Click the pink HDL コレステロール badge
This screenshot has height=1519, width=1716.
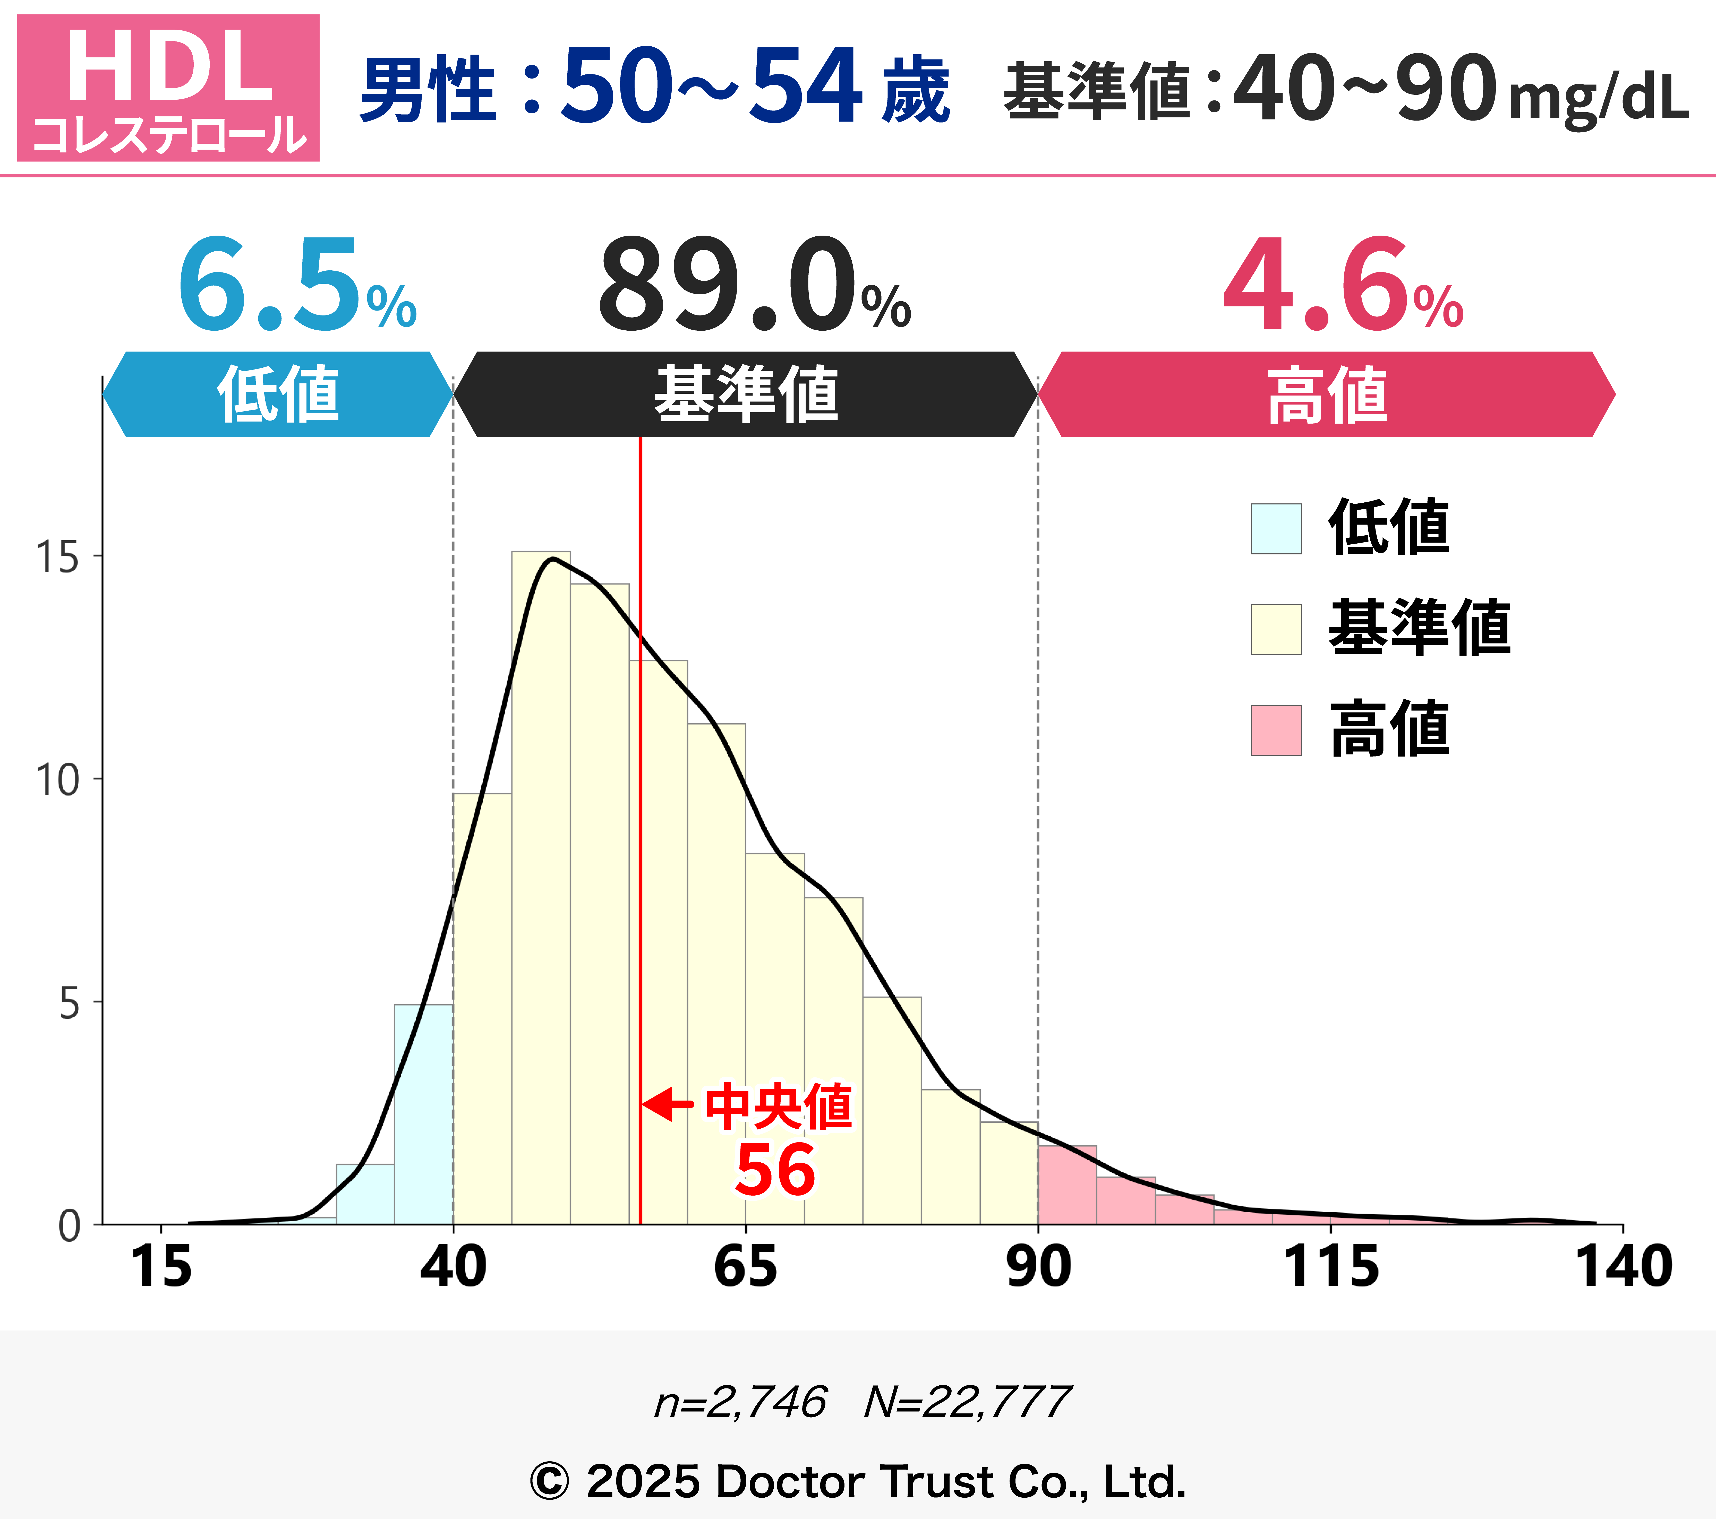168,87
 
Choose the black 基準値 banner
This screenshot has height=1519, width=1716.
746,394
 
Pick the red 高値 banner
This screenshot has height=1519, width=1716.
1326,394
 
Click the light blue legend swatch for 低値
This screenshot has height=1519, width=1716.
1276,529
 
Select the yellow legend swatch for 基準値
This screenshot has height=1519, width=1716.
1276,629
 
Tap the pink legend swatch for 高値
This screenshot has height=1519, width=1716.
1276,730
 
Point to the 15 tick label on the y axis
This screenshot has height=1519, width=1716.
57,556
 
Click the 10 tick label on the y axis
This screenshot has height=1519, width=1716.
57,780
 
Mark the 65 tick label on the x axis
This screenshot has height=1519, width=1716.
746,1267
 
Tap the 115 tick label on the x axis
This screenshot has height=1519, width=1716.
1331,1267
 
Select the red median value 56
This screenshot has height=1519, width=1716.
775,1171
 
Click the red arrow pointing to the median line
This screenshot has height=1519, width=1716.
668,1104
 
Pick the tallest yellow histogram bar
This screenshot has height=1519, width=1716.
541,890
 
